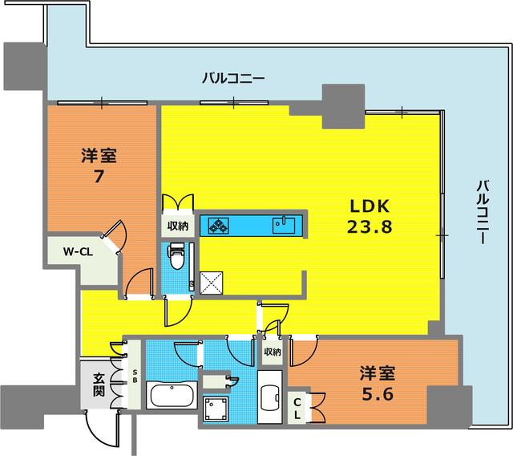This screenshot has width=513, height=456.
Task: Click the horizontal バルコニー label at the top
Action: pyautogui.click(x=232, y=79)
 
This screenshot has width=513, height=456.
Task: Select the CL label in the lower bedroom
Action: pyautogui.click(x=297, y=409)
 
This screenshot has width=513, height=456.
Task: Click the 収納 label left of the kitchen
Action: pyautogui.click(x=178, y=226)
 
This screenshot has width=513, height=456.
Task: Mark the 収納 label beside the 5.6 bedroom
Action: pyautogui.click(x=272, y=352)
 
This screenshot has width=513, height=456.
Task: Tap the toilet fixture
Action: pyautogui.click(x=176, y=256)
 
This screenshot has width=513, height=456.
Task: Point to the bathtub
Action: pyautogui.click(x=172, y=396)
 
